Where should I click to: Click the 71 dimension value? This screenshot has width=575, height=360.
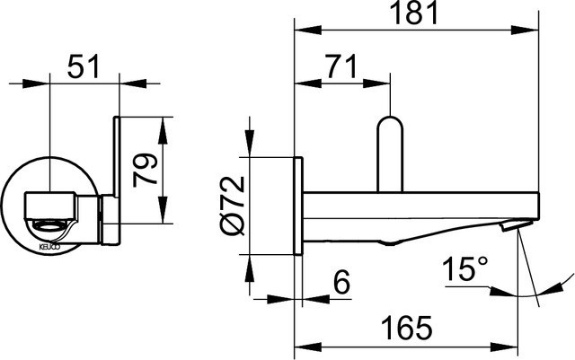(339, 66)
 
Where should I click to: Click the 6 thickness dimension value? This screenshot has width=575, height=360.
(340, 281)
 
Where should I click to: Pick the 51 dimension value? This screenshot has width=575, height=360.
(84, 66)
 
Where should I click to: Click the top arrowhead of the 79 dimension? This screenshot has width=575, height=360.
(164, 122)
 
